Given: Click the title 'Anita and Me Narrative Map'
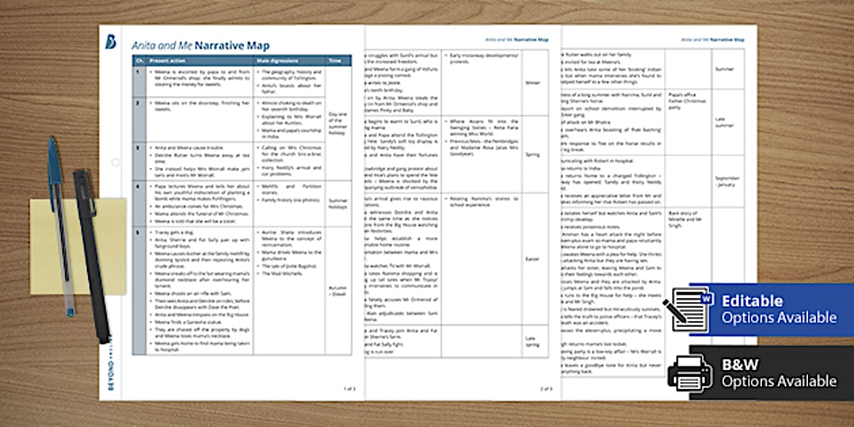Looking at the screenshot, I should click(x=200, y=46).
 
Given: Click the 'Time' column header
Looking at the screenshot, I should click(x=335, y=60).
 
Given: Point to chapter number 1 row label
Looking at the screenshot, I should click(x=139, y=71).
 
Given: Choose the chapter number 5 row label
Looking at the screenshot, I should click(x=139, y=232).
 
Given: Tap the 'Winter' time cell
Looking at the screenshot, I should click(x=533, y=83).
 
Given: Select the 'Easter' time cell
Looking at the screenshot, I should click(x=533, y=258).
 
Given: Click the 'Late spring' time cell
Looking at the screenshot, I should click(x=533, y=341).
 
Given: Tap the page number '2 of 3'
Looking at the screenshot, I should click(x=546, y=388).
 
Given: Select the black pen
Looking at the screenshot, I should click(x=92, y=258).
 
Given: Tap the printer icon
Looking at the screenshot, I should click(x=689, y=373).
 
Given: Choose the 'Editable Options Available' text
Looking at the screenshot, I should click(x=779, y=309).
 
